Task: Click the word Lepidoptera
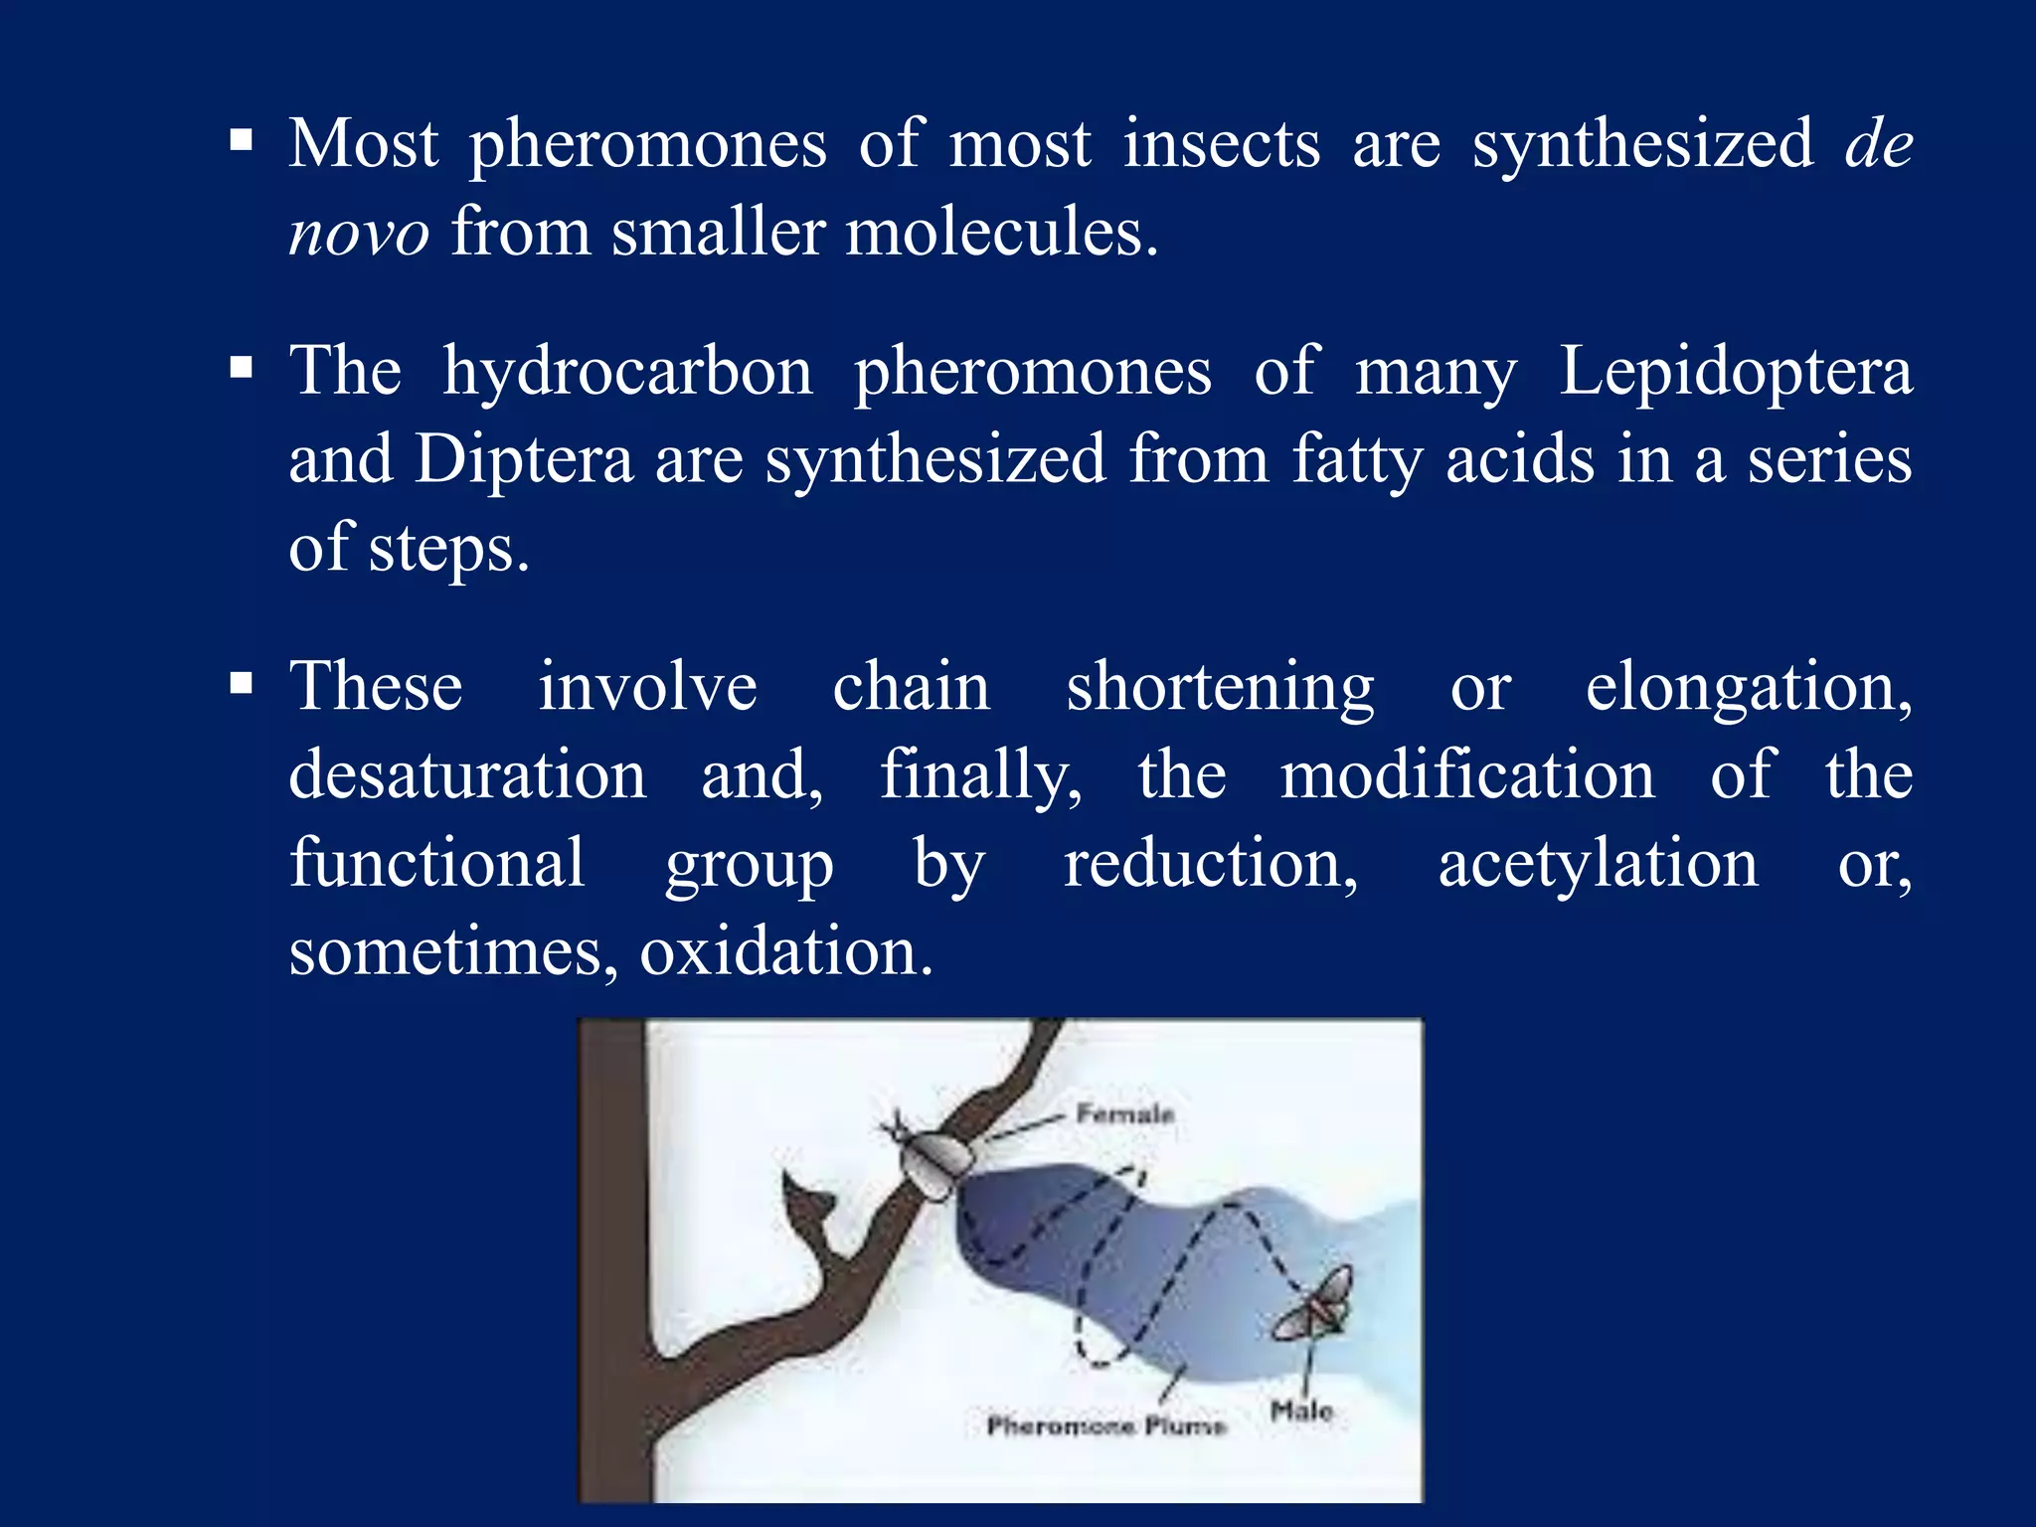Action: tap(1735, 372)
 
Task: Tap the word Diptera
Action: tap(524, 459)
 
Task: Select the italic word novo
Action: tap(359, 233)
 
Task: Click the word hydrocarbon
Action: tap(627, 372)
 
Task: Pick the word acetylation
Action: tap(1598, 863)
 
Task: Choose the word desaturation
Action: tap(467, 774)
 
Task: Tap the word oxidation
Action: tap(785, 951)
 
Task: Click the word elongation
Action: tap(1748, 687)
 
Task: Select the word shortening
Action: tap(1220, 687)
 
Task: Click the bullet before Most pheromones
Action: tap(241, 141)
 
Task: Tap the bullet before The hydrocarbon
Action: tap(241, 369)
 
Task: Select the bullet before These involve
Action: tap(241, 684)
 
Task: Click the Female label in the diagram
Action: tap(1125, 1113)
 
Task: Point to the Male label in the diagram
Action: tap(1300, 1410)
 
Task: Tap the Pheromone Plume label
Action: tap(1105, 1426)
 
